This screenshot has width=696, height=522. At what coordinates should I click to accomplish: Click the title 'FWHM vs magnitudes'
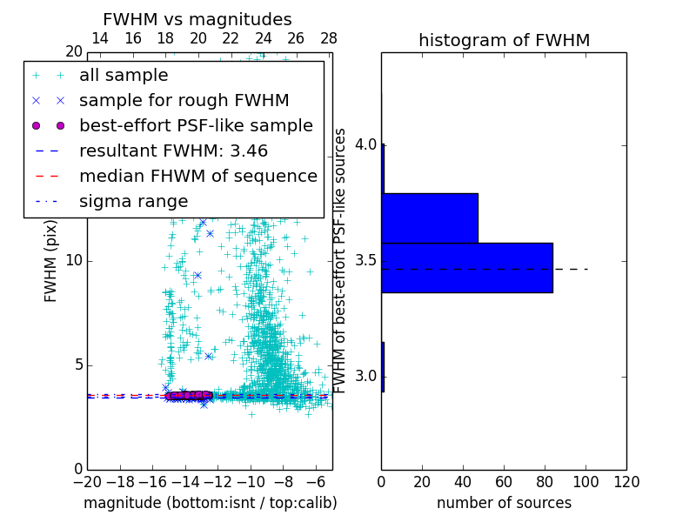point(197,19)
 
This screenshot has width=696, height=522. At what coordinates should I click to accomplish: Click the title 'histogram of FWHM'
point(504,40)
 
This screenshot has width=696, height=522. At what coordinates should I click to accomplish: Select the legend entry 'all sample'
point(124,76)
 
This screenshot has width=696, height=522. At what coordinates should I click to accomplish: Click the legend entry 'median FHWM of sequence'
point(197,177)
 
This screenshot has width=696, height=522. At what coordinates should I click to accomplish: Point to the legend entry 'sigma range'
point(133,202)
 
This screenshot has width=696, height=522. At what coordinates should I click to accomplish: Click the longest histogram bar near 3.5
point(467,267)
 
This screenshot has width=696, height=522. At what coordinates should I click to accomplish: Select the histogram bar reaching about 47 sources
point(430,217)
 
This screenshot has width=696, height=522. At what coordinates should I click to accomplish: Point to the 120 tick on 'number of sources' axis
point(626,482)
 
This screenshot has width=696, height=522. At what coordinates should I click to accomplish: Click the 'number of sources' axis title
point(504,503)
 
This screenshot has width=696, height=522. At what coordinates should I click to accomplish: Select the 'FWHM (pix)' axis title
point(51,260)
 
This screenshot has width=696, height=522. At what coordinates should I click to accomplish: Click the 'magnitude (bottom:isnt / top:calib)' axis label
point(210,503)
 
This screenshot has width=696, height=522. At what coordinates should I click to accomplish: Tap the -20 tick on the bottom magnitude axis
point(87,482)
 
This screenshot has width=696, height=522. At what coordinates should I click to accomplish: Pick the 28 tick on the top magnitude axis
point(329,38)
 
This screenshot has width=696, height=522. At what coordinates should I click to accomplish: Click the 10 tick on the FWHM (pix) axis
point(74,261)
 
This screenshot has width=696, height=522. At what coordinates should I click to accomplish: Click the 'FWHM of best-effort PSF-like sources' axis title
point(341,260)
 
